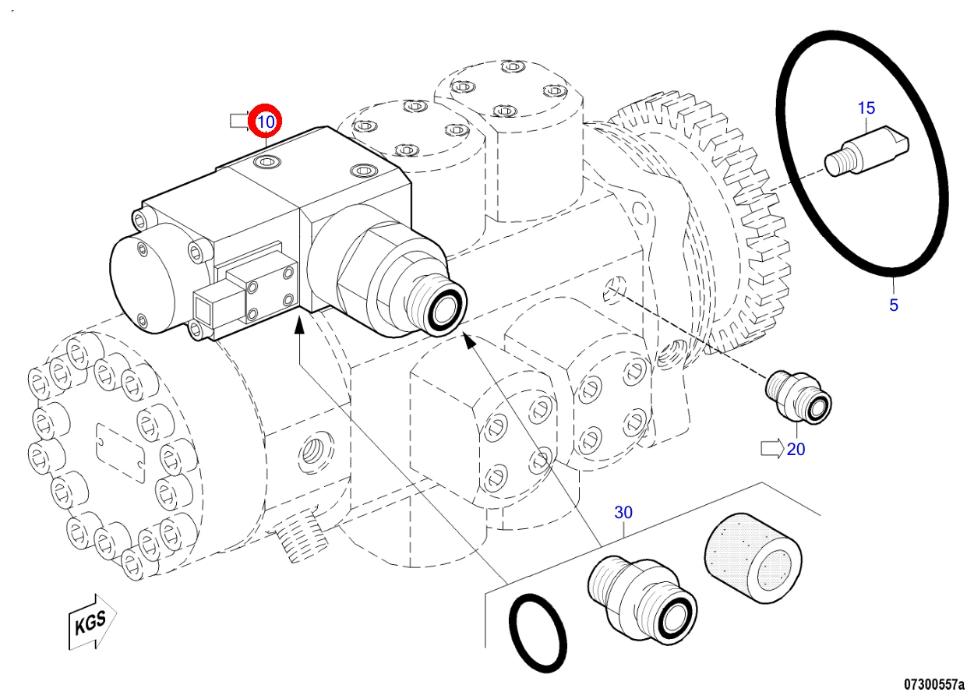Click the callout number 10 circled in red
pyautogui.click(x=265, y=122)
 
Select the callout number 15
pyautogui.click(x=866, y=108)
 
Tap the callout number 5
pyautogui.click(x=894, y=305)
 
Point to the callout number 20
pyautogui.click(x=796, y=449)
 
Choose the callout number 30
pyautogui.click(x=623, y=513)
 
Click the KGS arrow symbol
pyautogui.click(x=93, y=622)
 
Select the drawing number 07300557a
pyautogui.click(x=934, y=685)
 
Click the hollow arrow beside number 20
pyautogui.click(x=772, y=449)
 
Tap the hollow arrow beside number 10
pyautogui.click(x=240, y=121)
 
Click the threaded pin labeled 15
pyautogui.click(x=866, y=152)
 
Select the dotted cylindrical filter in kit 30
pyautogui.click(x=753, y=558)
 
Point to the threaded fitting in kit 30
pyautogui.click(x=642, y=600)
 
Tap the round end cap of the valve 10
pyautogui.click(x=141, y=283)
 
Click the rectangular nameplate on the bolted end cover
pyautogui.click(x=120, y=454)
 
